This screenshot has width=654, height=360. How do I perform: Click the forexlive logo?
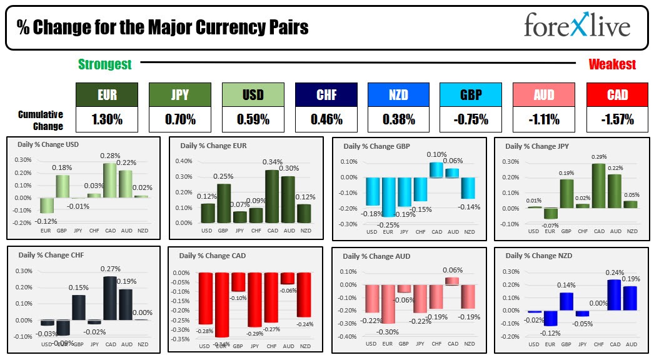[x=576, y=26]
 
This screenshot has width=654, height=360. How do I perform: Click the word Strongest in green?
[x=104, y=64]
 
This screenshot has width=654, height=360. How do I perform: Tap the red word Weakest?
[x=612, y=64]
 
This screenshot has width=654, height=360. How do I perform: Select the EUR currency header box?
[x=106, y=95]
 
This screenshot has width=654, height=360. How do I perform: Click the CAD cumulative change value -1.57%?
[x=616, y=119]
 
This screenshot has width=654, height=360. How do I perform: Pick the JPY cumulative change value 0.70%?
[x=179, y=119]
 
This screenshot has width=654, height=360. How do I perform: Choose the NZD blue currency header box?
[x=398, y=95]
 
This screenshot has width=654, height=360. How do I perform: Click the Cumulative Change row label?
[x=41, y=120]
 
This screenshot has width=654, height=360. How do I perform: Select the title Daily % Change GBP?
[x=375, y=146]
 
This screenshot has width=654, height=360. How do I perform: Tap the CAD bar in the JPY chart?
[x=599, y=186]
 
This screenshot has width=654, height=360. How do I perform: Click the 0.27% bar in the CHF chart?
[x=110, y=298]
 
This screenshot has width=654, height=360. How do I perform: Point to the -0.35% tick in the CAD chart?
[x=182, y=339]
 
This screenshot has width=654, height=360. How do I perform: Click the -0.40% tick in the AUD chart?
[x=347, y=336]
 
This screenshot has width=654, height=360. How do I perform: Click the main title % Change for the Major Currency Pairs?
[x=163, y=27]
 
